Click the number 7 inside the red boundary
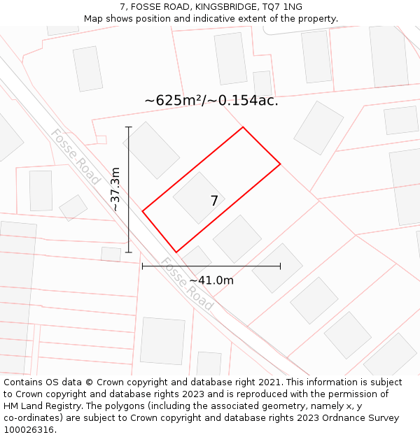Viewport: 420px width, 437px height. tap(214, 201)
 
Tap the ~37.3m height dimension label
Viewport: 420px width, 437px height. tap(115, 189)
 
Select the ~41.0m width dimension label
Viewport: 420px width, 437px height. tap(211, 280)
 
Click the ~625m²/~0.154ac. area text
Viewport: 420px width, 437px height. tap(211, 101)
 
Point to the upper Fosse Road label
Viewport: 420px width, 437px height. tap(75, 157)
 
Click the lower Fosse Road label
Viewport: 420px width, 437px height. tap(187, 284)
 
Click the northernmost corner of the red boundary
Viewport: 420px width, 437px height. tap(243, 127)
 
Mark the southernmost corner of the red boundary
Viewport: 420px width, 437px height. tap(176, 252)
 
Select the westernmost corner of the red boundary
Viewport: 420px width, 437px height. tap(143, 210)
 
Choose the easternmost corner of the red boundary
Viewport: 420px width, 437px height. tap(280, 164)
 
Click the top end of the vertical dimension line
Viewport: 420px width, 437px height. tap(129, 127)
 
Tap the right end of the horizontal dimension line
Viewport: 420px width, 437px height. tap(280, 266)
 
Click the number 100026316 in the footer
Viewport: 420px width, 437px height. tap(29, 430)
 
